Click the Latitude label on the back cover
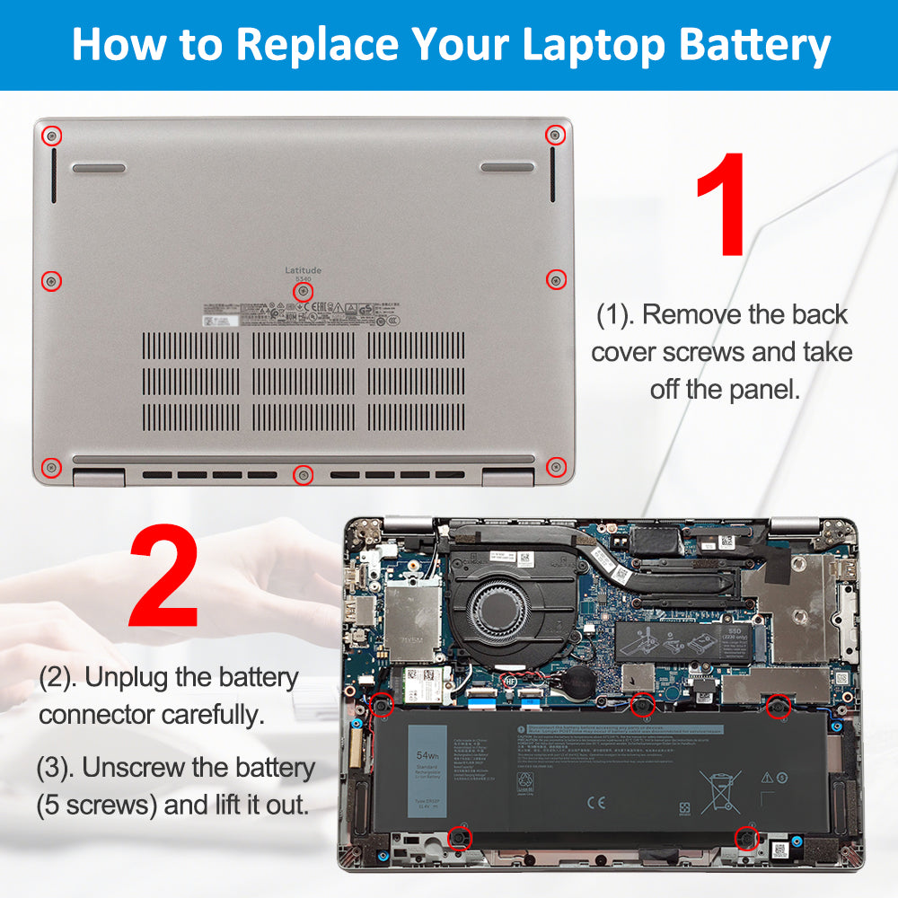[x=303, y=269]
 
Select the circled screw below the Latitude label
[x=303, y=291]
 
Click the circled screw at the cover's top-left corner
[x=53, y=136]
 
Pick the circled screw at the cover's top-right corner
[x=555, y=136]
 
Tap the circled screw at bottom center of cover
[x=304, y=473]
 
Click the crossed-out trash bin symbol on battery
[x=719, y=791]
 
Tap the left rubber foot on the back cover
[x=99, y=168]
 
